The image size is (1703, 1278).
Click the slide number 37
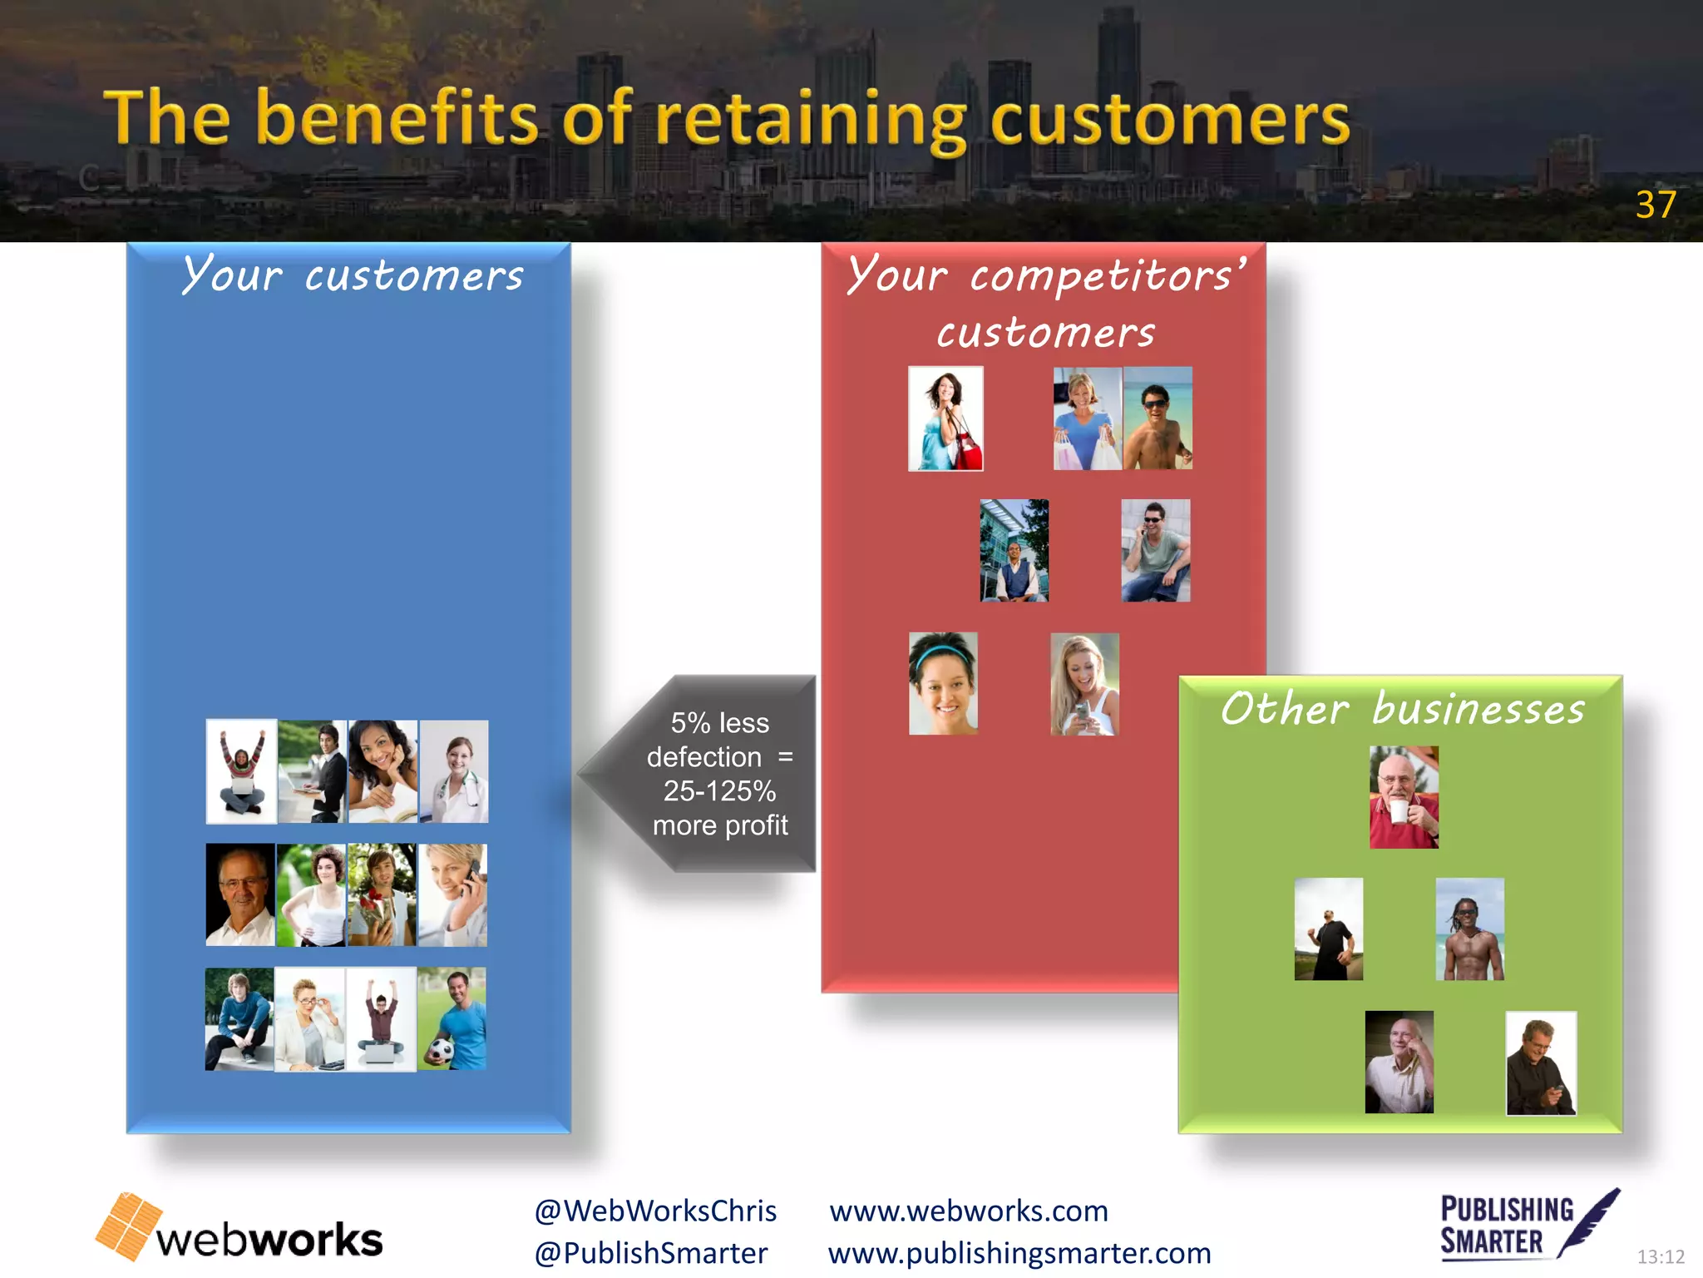click(x=1655, y=205)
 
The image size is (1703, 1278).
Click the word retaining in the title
click(x=811, y=121)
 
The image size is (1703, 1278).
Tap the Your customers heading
click(x=353, y=275)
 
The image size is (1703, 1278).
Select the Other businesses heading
click(x=1403, y=710)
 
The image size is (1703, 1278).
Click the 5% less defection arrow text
click(x=719, y=774)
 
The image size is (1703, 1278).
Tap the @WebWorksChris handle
click(x=655, y=1211)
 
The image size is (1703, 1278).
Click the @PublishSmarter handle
click(x=651, y=1253)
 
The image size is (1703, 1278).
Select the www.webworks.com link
click(x=969, y=1211)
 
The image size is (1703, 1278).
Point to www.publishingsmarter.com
click(x=1019, y=1253)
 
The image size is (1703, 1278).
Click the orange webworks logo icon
click(x=129, y=1226)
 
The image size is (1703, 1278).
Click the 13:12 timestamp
click(x=1661, y=1256)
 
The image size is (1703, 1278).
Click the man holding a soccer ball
click(x=452, y=1018)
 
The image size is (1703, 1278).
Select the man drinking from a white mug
click(x=1404, y=797)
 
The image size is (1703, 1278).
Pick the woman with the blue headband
click(x=943, y=683)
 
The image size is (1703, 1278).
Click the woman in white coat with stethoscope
click(x=454, y=772)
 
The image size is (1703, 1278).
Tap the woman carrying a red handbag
click(x=945, y=419)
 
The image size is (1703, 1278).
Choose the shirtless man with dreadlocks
click(x=1469, y=929)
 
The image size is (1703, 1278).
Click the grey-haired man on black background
click(x=240, y=894)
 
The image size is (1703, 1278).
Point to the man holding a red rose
click(x=382, y=894)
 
